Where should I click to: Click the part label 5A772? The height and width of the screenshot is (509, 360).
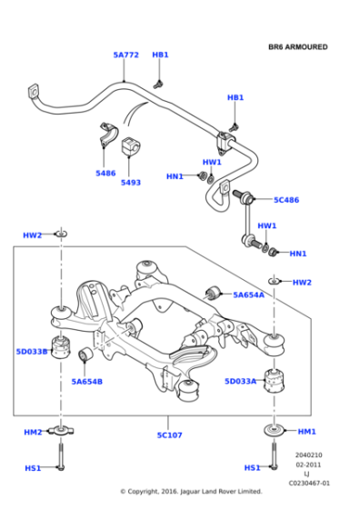coord(125,55)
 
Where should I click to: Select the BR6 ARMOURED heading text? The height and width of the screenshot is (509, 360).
coord(297,46)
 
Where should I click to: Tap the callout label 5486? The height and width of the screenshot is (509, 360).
coord(105,173)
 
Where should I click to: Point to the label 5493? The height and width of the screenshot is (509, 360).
coord(131,182)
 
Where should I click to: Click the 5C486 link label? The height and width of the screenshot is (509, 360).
coord(286,199)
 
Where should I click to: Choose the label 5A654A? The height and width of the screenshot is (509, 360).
coord(249,294)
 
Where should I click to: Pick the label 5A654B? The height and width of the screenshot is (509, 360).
coord(87,382)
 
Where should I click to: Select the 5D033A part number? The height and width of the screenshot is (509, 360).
coord(241,382)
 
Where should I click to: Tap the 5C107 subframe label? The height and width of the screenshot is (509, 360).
coord(169,435)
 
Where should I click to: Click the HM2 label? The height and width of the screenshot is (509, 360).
coord(33,432)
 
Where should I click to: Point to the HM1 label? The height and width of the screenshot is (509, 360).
coord(306,431)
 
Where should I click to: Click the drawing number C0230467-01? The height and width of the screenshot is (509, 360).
coord(309,484)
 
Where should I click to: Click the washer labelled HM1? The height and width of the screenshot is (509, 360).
coord(273,432)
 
